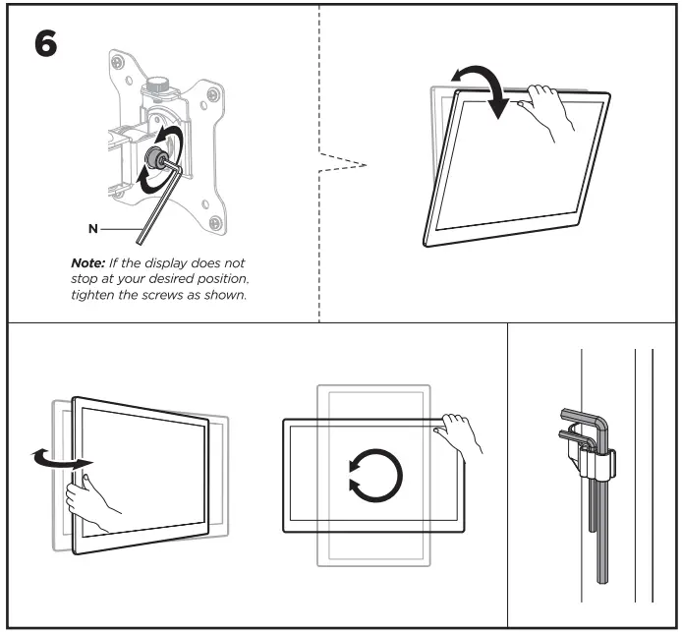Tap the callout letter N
pos(92,228)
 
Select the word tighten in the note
pos(96,298)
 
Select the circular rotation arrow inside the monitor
pos(375,476)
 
